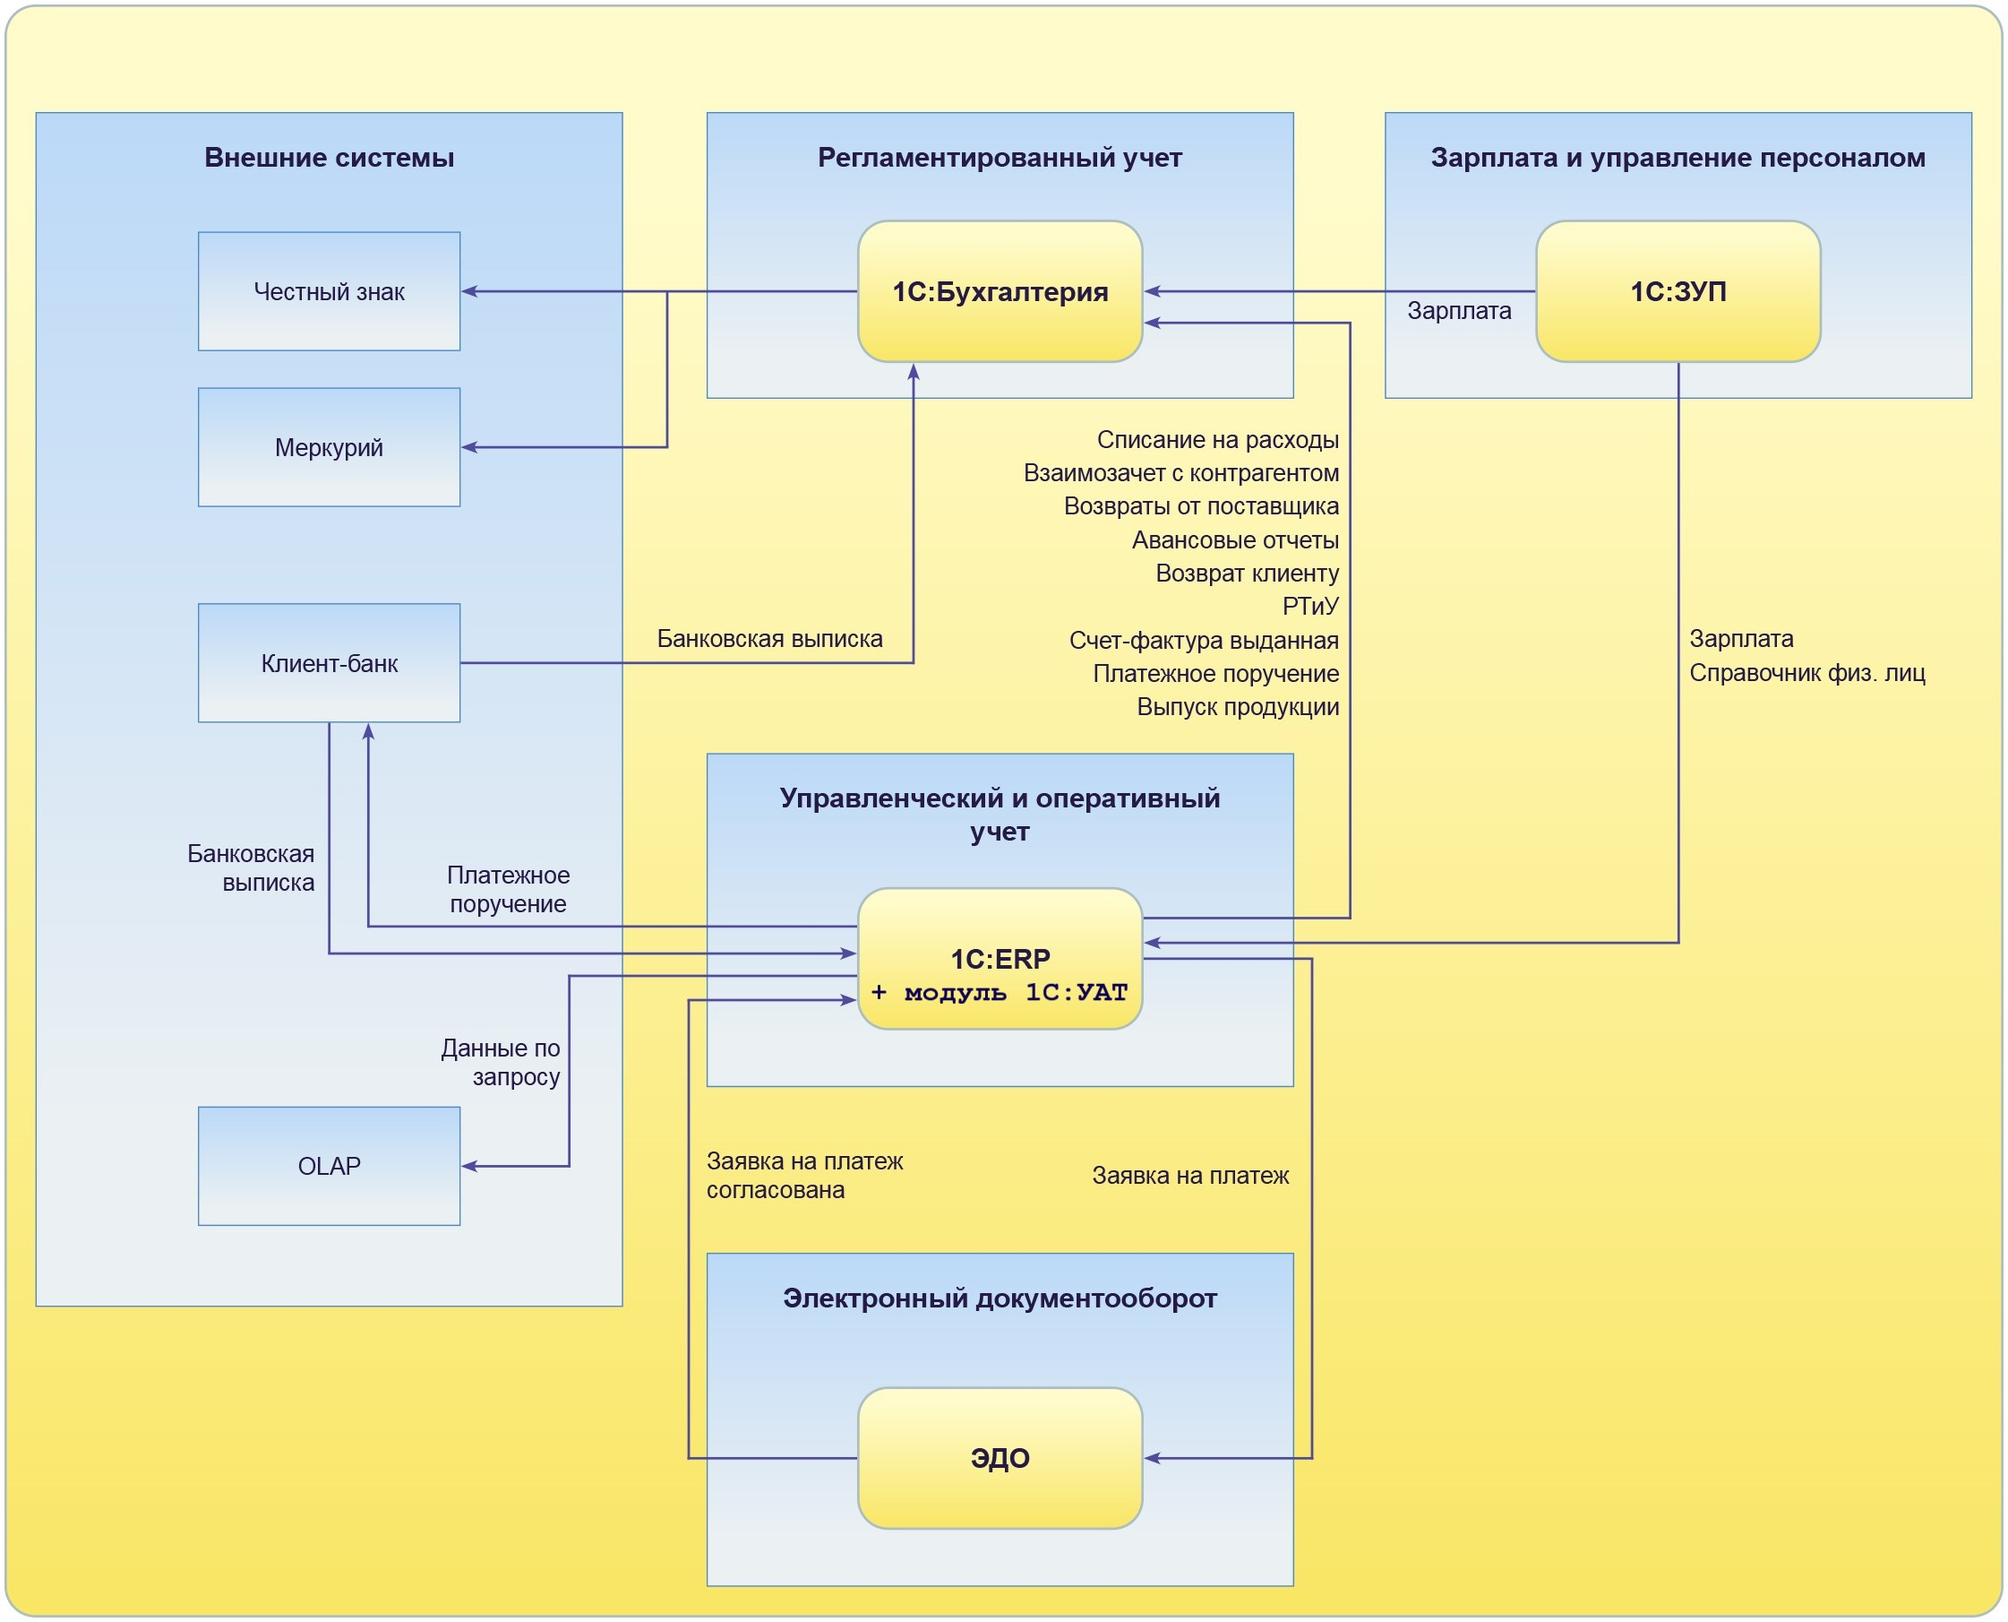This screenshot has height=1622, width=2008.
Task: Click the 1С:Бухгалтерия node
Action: tap(1000, 291)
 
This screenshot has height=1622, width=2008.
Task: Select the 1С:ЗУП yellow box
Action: tap(1678, 291)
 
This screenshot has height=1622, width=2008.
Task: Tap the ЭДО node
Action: tap(1000, 1457)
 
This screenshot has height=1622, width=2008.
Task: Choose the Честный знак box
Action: tap(329, 291)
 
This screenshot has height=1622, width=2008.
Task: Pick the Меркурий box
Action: tap(329, 447)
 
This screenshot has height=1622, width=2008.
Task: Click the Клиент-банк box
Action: tap(329, 663)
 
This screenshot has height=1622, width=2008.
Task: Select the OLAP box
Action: tap(329, 1166)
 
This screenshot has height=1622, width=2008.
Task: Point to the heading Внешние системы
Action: tap(329, 158)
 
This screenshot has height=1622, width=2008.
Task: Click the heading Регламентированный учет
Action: tap(1000, 158)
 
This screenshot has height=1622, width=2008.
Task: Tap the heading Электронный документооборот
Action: tap(1000, 1298)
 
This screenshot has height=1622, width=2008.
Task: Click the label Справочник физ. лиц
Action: tap(1806, 673)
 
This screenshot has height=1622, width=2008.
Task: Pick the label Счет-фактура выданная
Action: tap(1203, 640)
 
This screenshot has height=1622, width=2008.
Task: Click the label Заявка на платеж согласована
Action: tap(804, 1176)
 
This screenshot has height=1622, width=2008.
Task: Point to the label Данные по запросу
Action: tap(502, 1062)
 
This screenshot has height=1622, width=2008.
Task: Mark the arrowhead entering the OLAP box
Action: tap(468, 1166)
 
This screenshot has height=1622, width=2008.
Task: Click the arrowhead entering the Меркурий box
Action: tap(468, 447)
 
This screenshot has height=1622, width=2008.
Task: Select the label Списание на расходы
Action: tap(1217, 439)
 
